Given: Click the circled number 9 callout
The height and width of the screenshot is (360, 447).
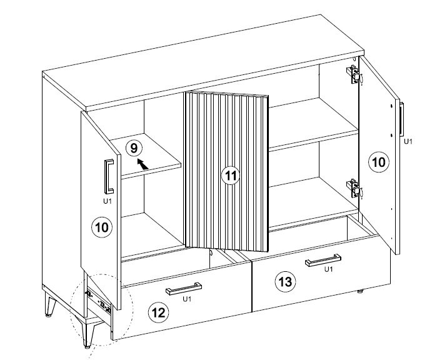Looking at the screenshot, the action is coord(134,148).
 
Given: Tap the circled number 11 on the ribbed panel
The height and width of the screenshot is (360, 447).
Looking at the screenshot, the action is coord(231,175).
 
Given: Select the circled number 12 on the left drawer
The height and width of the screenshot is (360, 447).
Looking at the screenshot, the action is coord(159,312).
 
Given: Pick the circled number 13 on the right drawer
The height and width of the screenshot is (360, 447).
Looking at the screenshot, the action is coord(285,282).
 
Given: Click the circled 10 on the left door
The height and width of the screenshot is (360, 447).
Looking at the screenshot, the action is coord(102,227).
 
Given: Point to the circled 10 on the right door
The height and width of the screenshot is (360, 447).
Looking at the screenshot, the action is coord(379,162).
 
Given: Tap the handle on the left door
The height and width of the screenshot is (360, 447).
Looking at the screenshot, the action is coord(109,176).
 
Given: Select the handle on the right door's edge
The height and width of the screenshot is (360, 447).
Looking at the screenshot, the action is coord(401,120).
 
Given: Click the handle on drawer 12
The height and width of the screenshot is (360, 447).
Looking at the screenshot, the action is coord(184,289).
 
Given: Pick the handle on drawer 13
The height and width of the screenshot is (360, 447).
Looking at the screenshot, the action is coord(323,260).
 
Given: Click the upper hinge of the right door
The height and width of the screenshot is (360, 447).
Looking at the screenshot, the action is coord(353,74).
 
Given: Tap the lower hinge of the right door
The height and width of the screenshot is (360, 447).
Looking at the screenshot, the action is coord(353,188).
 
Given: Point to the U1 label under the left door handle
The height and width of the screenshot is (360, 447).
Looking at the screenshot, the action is coord(108,201).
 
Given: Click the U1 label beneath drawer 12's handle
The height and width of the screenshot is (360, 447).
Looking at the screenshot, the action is coord(187,299).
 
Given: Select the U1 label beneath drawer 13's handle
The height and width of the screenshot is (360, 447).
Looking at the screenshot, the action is coord(328,269).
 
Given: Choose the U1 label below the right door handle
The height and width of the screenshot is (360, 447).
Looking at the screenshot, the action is coord(408,141).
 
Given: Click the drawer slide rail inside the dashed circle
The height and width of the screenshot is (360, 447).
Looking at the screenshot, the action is coord(99,301).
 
